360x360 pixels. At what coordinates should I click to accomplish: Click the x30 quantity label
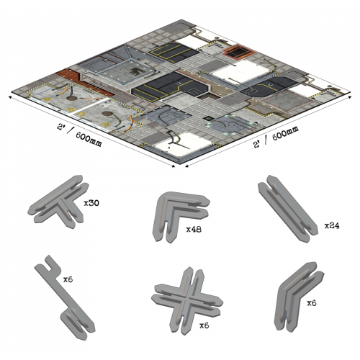(91, 203)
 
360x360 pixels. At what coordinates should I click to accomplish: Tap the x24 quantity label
(332, 225)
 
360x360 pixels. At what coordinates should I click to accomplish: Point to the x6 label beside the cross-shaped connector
(205, 325)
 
